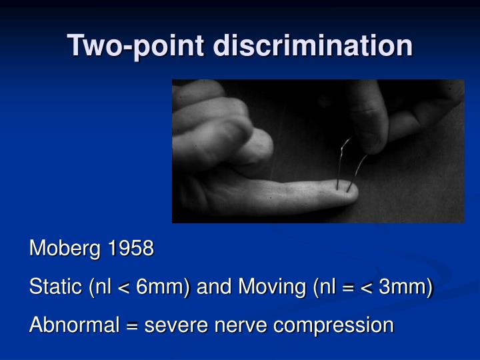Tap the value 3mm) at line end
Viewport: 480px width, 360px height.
point(405,287)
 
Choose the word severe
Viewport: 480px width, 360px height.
point(173,325)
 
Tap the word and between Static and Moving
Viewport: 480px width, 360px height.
point(213,287)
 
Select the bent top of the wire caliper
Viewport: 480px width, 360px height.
point(348,141)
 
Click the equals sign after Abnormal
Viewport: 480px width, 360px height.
point(133,325)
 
